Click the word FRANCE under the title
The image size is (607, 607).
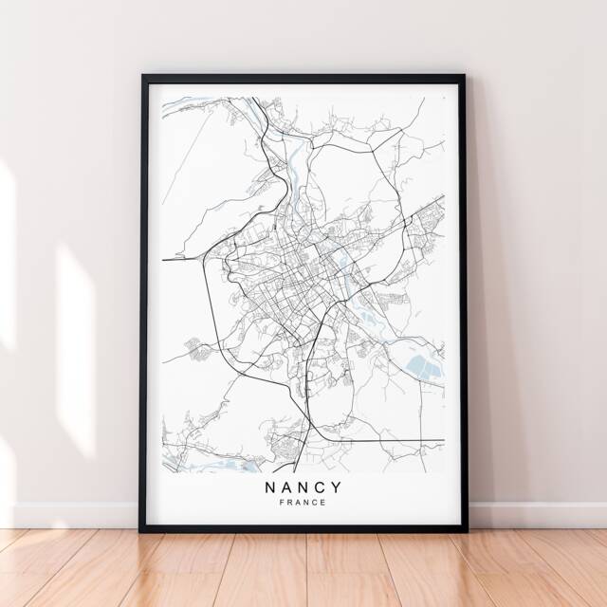[x=303, y=503]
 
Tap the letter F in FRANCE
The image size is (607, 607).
[x=284, y=503]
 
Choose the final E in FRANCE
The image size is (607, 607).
[x=323, y=503]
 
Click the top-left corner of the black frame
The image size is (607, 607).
[x=143, y=76]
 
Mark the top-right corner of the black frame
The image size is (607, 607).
[x=465, y=76]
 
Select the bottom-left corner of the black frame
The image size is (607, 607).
[x=143, y=529]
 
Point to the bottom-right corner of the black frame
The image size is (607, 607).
[x=465, y=529]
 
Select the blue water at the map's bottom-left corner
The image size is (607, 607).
[x=185, y=460]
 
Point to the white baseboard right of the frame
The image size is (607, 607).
[x=536, y=515]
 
